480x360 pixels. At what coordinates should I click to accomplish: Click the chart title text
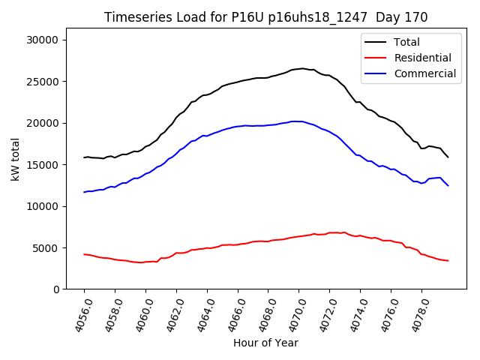[265, 17]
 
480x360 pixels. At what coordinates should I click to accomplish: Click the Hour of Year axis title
[265, 343]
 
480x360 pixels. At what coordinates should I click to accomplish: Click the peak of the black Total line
[302, 68]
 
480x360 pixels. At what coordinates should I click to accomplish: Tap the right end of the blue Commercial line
[448, 185]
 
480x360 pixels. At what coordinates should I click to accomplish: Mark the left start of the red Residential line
[84, 254]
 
